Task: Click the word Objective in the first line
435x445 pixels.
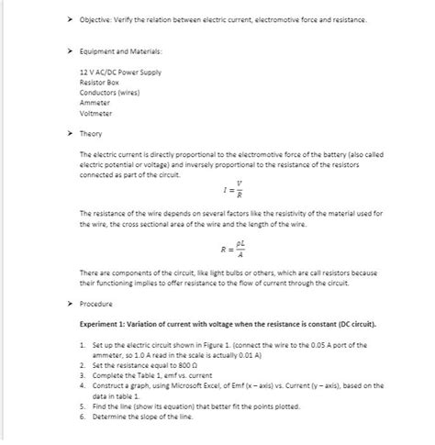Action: point(96,19)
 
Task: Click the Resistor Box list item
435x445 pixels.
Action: point(100,83)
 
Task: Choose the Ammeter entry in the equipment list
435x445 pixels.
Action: point(95,103)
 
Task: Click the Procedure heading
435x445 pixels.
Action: point(95,303)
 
